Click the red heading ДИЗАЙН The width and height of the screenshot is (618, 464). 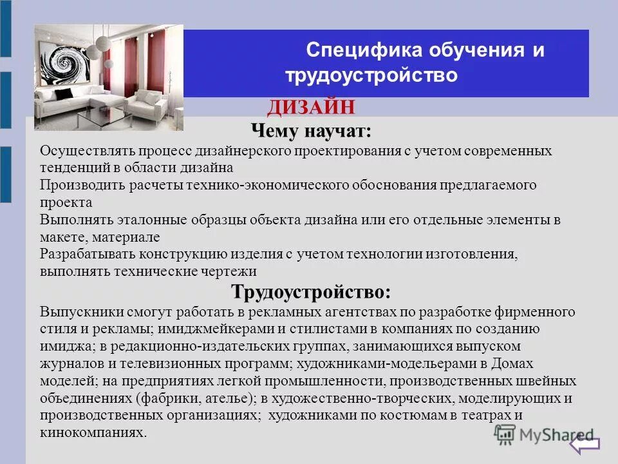(311, 107)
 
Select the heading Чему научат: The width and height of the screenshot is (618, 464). (311, 131)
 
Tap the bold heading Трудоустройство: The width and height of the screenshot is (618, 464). (311, 291)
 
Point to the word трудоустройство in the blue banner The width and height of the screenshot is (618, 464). (371, 76)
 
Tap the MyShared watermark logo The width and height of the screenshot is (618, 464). (544, 436)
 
